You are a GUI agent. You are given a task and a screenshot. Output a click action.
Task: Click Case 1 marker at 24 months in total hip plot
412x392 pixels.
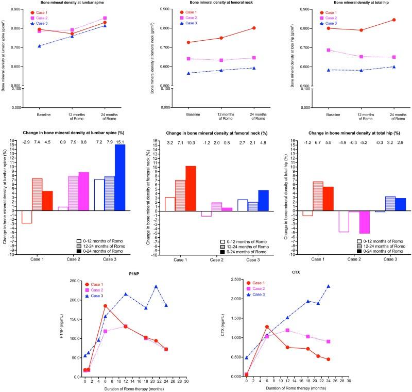[x=393, y=20]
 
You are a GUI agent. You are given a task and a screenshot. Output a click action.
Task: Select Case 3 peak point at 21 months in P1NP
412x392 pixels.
[x=156, y=286]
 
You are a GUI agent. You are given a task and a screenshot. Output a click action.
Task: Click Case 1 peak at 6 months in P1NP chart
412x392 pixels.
[x=106, y=306]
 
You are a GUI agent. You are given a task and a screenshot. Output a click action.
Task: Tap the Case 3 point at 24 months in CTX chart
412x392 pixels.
[x=329, y=286]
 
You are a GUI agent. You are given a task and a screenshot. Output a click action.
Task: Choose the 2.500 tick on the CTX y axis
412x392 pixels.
[x=236, y=281]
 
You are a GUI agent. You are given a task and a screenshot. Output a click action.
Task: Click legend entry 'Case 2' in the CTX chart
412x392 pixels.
[x=276, y=289]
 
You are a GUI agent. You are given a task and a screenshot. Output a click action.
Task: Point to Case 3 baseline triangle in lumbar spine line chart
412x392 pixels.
[x=40, y=46]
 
